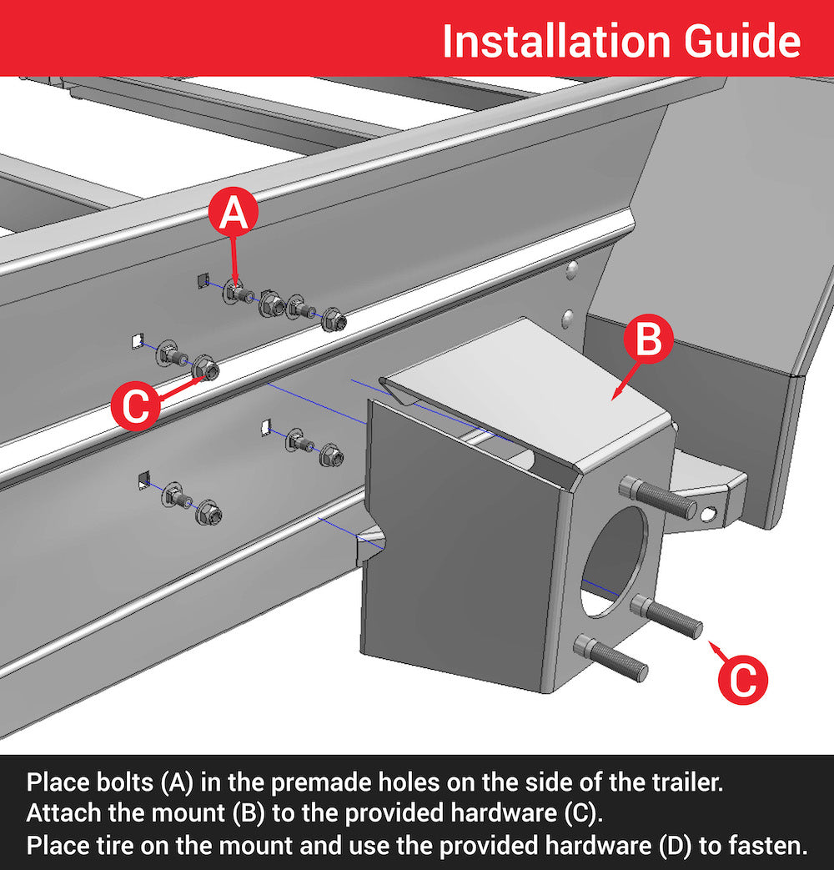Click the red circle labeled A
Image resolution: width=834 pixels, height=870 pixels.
click(x=234, y=213)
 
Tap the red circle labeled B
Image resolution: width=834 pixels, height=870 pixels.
click(x=648, y=339)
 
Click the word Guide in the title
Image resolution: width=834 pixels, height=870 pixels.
click(x=742, y=41)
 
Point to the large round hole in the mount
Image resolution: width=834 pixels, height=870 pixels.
click(x=615, y=561)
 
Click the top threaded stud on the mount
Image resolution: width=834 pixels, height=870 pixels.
click(x=657, y=496)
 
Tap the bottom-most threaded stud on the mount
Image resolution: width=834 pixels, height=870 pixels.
click(x=610, y=657)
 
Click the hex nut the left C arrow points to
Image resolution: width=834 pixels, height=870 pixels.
click(x=205, y=369)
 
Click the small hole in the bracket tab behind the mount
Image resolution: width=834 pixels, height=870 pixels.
click(x=708, y=515)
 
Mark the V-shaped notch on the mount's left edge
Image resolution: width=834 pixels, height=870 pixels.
click(x=370, y=541)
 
